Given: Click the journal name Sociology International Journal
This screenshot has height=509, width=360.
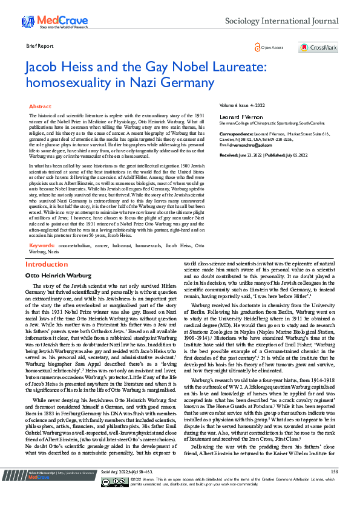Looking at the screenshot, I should tap(281, 21).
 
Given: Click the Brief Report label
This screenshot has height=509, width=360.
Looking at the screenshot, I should tap(40, 46).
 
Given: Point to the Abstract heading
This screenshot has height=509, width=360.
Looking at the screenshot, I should tap(41, 106).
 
